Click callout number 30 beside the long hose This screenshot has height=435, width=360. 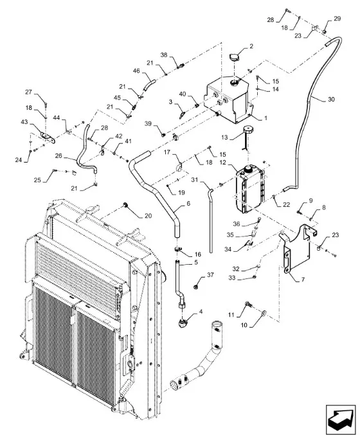331,99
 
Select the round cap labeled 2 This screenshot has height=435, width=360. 235,58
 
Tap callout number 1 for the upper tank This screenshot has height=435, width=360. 265,118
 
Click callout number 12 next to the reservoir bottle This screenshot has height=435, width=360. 223,162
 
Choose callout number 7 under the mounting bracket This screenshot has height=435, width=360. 303,280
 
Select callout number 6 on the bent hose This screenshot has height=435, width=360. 188,203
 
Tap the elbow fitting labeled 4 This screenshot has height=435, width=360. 183,323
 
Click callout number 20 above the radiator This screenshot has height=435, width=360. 148,215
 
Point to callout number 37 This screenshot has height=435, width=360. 210,274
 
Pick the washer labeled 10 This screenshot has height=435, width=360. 264,313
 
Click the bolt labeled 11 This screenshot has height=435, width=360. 249,305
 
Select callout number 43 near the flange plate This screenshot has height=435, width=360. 24,122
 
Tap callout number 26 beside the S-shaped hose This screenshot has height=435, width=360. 59,156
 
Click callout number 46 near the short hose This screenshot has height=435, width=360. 136,71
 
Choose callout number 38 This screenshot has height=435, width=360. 164,55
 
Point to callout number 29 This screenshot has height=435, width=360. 337,19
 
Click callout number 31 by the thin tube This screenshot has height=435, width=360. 195,180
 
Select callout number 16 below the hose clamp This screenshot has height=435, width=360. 197,254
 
